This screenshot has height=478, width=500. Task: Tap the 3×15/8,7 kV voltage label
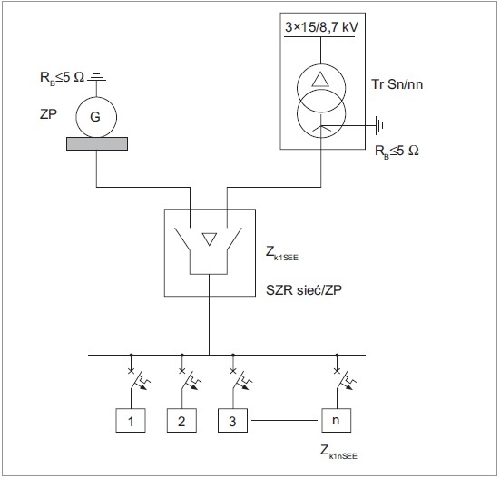pyautogui.click(x=321, y=27)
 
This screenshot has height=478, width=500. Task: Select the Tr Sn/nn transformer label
pyautogui.click(x=397, y=84)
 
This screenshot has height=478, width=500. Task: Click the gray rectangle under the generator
pyautogui.click(x=97, y=144)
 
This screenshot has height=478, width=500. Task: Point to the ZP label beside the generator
pyautogui.click(x=48, y=114)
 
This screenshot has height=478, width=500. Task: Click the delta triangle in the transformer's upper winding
pyautogui.click(x=320, y=79)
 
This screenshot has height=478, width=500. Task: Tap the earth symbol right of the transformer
pyautogui.click(x=379, y=125)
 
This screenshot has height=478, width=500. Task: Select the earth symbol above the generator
pyautogui.click(x=97, y=77)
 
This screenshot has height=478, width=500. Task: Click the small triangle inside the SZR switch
pyautogui.click(x=210, y=239)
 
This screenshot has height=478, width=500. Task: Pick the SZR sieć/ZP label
pyautogui.click(x=304, y=290)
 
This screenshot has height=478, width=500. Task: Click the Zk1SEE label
pyautogui.click(x=282, y=254)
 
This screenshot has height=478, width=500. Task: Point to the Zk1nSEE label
pyautogui.click(x=338, y=453)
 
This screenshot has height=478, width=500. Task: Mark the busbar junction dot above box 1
pyautogui.click(x=131, y=355)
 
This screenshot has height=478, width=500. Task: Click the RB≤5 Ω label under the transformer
pyautogui.click(x=397, y=151)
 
